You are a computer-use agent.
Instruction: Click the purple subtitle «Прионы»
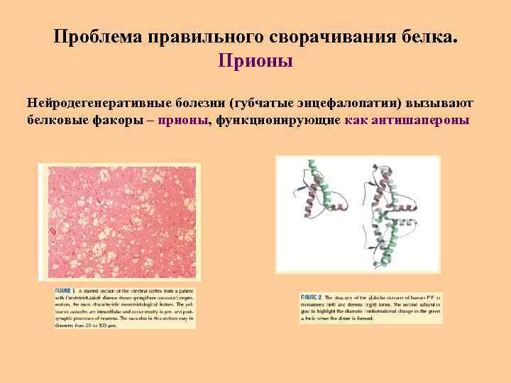[255, 61]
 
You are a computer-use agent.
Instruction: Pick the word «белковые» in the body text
[56, 120]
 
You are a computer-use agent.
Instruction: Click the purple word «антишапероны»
[424, 120]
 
